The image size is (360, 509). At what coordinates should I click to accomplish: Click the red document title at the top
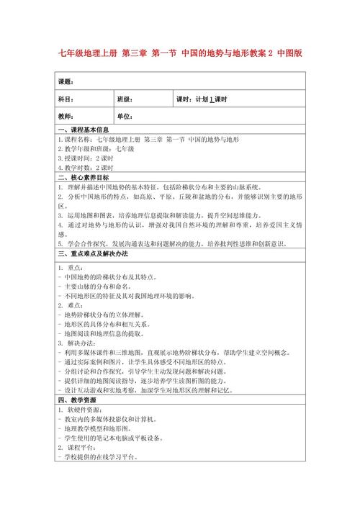pos(179,53)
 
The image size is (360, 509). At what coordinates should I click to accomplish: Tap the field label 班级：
pos(125,99)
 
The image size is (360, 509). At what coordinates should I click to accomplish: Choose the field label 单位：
pos(125,116)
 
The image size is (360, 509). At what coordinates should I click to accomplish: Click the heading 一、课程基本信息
pos(87,130)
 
